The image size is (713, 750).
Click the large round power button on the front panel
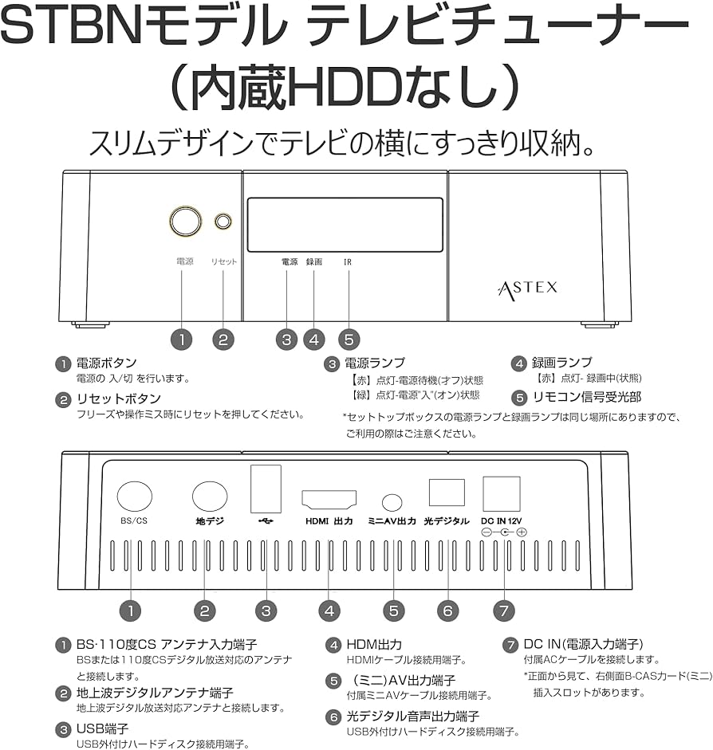(185, 221)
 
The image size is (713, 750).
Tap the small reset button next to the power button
(223, 221)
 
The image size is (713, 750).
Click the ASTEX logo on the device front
(527, 287)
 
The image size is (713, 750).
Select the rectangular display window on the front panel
(345, 225)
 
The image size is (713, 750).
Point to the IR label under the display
(348, 261)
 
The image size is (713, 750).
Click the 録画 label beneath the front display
(313, 261)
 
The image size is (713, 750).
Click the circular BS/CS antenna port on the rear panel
(134, 496)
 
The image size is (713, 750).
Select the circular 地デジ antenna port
(210, 496)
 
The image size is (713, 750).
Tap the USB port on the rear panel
(266, 488)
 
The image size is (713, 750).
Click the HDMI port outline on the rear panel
(329, 499)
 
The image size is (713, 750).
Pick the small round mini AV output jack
(392, 502)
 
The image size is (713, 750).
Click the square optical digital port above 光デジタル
(447, 491)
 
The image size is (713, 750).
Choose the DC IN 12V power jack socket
(501, 493)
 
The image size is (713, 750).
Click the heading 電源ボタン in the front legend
(106, 363)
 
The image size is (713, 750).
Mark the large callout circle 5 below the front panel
(349, 339)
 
